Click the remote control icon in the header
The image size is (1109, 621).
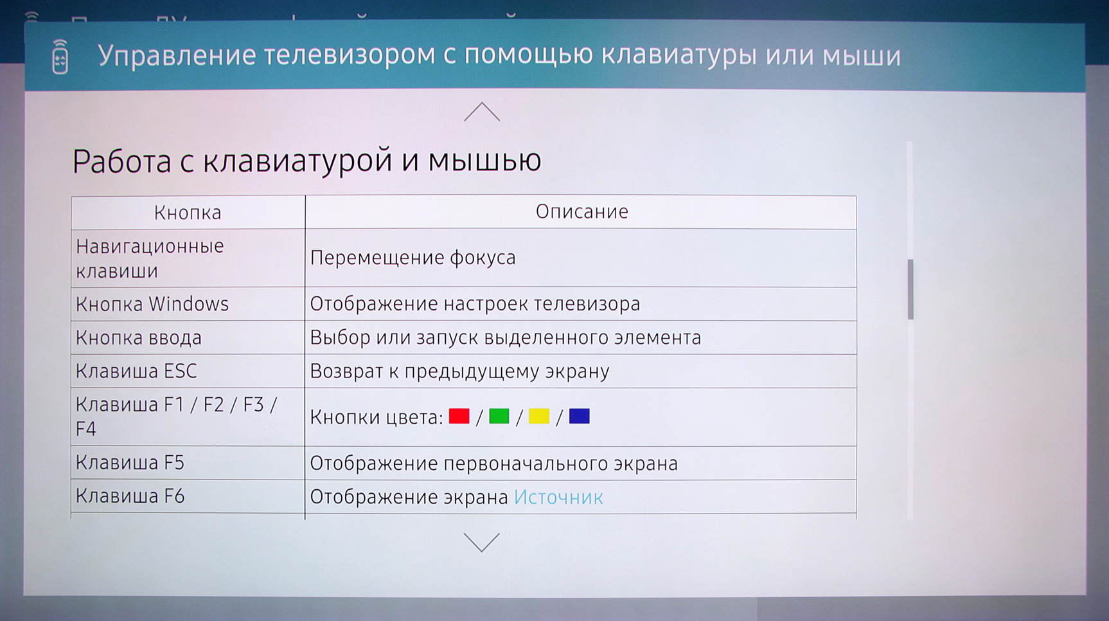point(60,57)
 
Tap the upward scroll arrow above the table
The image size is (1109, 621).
point(482,112)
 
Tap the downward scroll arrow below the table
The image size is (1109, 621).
point(481,542)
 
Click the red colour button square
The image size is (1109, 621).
point(459,417)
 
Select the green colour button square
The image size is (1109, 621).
point(499,417)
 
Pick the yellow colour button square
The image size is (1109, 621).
point(539,417)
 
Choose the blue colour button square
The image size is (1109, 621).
point(579,417)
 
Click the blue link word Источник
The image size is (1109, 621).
point(558,497)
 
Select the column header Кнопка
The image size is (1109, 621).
point(188,213)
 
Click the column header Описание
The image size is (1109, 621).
point(582,212)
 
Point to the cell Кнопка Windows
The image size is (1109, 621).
point(152,304)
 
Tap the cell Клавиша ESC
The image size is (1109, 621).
point(136,371)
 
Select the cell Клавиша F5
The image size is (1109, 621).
point(130,463)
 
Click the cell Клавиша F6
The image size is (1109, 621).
point(130,496)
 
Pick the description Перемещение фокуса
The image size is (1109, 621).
point(413,258)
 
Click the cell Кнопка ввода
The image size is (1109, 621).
point(139,337)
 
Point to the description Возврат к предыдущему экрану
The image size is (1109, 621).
point(460,372)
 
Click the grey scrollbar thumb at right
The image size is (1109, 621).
point(910,289)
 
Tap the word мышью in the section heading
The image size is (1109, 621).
point(485,161)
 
